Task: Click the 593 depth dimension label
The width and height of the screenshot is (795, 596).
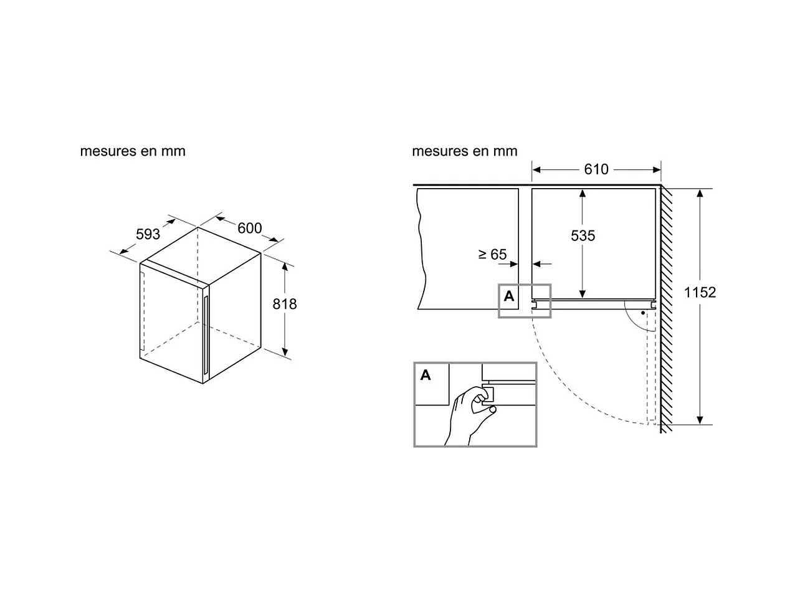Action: click(148, 234)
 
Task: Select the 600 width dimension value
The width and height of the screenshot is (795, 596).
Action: click(249, 229)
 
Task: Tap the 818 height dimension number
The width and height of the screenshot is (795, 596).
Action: click(285, 304)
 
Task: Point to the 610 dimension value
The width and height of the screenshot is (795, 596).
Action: click(596, 169)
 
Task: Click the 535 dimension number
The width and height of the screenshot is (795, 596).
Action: click(583, 235)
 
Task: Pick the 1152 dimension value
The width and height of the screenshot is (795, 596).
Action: click(700, 292)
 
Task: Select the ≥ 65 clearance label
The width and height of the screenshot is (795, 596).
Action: click(492, 254)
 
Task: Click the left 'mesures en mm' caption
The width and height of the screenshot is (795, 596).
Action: click(133, 151)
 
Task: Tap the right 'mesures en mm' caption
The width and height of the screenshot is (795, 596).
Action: click(465, 151)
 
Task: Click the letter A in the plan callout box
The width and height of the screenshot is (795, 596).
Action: click(509, 296)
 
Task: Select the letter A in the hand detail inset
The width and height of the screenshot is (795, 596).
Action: click(426, 375)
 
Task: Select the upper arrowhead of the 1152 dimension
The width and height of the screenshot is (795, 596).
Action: click(700, 194)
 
